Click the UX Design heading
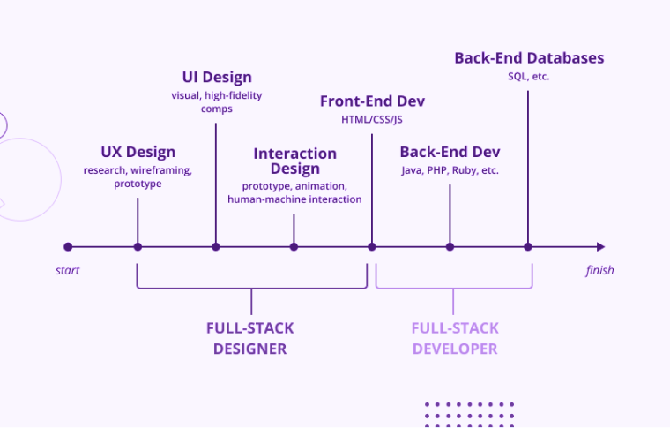tap(138, 152)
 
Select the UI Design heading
tap(216, 78)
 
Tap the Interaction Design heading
tap(294, 161)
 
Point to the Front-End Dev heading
tap(372, 101)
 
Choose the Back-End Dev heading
tap(450, 152)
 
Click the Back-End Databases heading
tap(529, 57)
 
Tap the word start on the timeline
tap(68, 270)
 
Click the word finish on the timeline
tap(599, 270)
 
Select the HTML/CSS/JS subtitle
tap(372, 120)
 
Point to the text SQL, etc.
tap(529, 77)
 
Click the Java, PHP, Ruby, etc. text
tap(450, 170)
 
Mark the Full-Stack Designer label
tap(250, 338)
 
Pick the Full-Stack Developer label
tap(454, 338)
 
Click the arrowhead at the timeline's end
tap(600, 247)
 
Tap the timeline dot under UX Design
tap(138, 247)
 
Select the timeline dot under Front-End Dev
tap(372, 247)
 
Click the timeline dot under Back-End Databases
tap(528, 247)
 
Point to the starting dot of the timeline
tap(68, 247)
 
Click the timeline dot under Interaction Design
tap(294, 247)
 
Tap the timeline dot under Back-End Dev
tap(450, 247)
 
